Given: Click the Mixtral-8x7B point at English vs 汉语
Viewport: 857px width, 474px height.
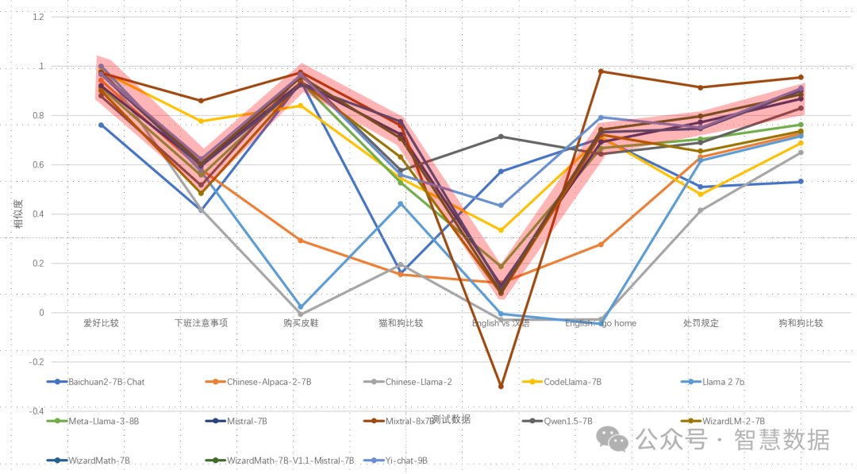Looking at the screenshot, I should (x=501, y=386).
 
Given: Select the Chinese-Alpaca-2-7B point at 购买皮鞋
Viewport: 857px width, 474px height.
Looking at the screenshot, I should (x=300, y=240).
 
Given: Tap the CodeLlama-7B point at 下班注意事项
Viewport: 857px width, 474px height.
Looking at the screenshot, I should (x=201, y=121).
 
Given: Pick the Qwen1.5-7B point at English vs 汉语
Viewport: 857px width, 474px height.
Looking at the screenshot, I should (x=501, y=137).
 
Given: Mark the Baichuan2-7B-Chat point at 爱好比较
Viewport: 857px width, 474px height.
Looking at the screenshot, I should (x=101, y=125).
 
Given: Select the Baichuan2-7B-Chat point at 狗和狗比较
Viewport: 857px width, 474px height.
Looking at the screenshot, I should (x=801, y=182).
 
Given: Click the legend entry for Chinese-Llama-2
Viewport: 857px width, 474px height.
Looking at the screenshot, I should (x=418, y=382).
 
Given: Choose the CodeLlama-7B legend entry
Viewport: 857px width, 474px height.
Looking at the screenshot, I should (x=572, y=382).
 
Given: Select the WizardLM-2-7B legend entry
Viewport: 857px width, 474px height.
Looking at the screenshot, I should (x=733, y=421).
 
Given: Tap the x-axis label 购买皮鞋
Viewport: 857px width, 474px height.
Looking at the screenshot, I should (x=300, y=323).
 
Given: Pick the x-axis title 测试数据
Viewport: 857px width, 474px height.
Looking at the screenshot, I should (x=451, y=418).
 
